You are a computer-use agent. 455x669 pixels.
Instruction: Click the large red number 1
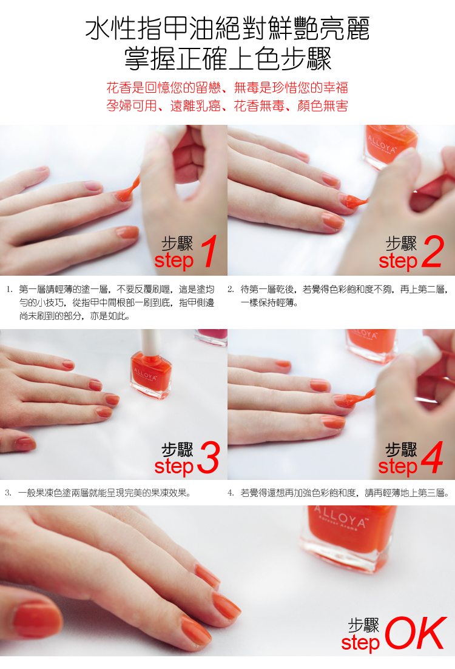click(209, 251)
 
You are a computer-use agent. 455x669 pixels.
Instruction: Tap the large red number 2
click(433, 251)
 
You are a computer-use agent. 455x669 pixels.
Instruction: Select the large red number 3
click(209, 458)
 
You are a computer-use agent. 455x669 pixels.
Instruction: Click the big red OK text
click(416, 633)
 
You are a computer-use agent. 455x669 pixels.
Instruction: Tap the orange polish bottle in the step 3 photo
click(151, 374)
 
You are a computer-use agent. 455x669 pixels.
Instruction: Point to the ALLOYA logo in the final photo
click(340, 517)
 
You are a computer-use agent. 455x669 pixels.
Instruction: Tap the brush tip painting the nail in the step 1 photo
click(126, 194)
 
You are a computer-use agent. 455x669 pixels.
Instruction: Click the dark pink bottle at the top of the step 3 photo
click(212, 336)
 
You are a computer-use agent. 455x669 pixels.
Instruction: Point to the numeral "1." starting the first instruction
click(9, 290)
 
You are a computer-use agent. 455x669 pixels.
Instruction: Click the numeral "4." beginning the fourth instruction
click(231, 493)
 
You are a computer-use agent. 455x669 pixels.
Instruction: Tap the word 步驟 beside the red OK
click(363, 625)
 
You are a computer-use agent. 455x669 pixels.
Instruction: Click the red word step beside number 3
click(174, 467)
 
